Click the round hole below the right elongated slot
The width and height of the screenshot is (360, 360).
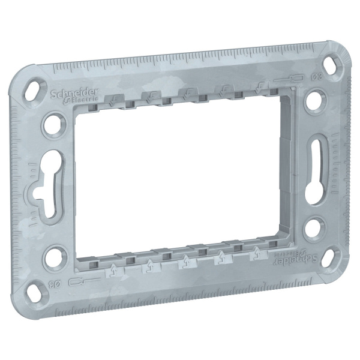click(x=314, y=229)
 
